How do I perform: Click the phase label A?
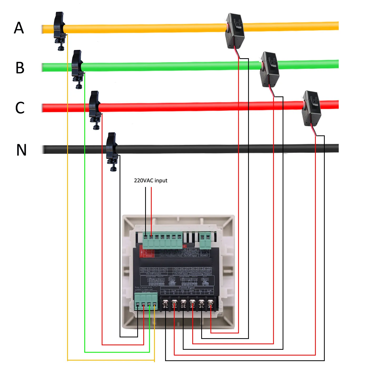19,28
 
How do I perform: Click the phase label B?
20,68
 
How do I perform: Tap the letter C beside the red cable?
20,108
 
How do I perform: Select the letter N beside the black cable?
21,150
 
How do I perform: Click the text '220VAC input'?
150,180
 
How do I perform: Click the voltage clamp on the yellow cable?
59,29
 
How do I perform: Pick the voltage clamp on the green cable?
77,67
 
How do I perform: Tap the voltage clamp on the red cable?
95,108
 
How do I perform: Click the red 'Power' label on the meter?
149,256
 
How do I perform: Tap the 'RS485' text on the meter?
204,255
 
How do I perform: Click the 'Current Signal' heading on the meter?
187,288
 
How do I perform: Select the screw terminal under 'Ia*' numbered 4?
210,304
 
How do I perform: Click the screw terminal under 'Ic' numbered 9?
165,304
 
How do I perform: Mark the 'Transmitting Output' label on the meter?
200,274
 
